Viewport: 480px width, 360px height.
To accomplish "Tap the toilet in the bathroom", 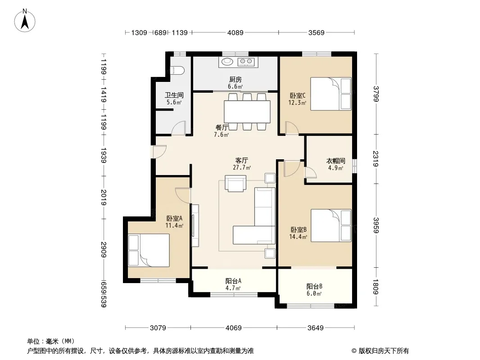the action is [x=177, y=71].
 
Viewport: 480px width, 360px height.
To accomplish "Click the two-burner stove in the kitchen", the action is [x=246, y=62].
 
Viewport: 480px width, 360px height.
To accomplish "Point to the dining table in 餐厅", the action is [x=247, y=112].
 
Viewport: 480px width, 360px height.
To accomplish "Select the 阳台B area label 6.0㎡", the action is [x=314, y=294].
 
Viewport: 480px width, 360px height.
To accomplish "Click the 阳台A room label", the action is [x=233, y=281].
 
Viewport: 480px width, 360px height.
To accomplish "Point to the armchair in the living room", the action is [x=235, y=183].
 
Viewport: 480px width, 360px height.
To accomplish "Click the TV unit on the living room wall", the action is [x=195, y=225].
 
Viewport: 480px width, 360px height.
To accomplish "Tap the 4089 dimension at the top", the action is [x=235, y=32].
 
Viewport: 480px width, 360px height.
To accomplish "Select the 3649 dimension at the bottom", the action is [x=315, y=328].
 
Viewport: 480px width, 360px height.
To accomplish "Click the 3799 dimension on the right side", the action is [x=376, y=94].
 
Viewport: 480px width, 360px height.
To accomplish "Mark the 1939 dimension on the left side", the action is [x=104, y=156].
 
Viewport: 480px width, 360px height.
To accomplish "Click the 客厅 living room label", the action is [x=241, y=160].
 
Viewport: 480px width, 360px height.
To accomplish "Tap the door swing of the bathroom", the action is [x=178, y=127].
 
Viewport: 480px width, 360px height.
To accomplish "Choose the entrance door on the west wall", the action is [x=159, y=151].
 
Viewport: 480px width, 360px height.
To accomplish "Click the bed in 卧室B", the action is [x=331, y=225].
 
